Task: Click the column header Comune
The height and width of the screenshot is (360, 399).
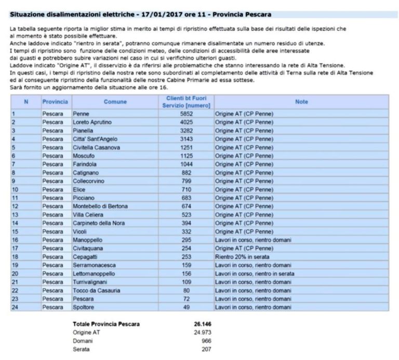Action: click(115, 102)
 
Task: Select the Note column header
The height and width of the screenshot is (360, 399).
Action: click(301, 102)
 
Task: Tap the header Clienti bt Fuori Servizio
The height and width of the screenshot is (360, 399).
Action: click(186, 102)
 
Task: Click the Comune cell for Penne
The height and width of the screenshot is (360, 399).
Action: click(81, 113)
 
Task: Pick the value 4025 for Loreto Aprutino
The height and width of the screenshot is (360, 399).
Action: click(186, 122)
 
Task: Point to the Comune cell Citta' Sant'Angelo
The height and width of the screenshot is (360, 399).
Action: click(95, 139)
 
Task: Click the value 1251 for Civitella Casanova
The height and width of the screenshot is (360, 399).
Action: click(186, 147)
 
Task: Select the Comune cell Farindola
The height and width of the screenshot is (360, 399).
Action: click(85, 164)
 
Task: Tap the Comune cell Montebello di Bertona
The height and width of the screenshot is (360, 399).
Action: click(100, 206)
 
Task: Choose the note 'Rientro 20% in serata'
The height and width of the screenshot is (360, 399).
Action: click(242, 257)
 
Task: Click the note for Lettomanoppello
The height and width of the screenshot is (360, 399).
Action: click(255, 273)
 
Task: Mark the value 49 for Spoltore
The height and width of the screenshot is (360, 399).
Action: click(186, 307)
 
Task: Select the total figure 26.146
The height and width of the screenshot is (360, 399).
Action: click(202, 324)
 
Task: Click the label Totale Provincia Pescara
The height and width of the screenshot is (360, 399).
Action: click(106, 324)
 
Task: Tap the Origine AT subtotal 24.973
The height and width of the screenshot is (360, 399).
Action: click(202, 332)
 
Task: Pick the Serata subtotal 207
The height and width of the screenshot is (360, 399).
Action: click(205, 350)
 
